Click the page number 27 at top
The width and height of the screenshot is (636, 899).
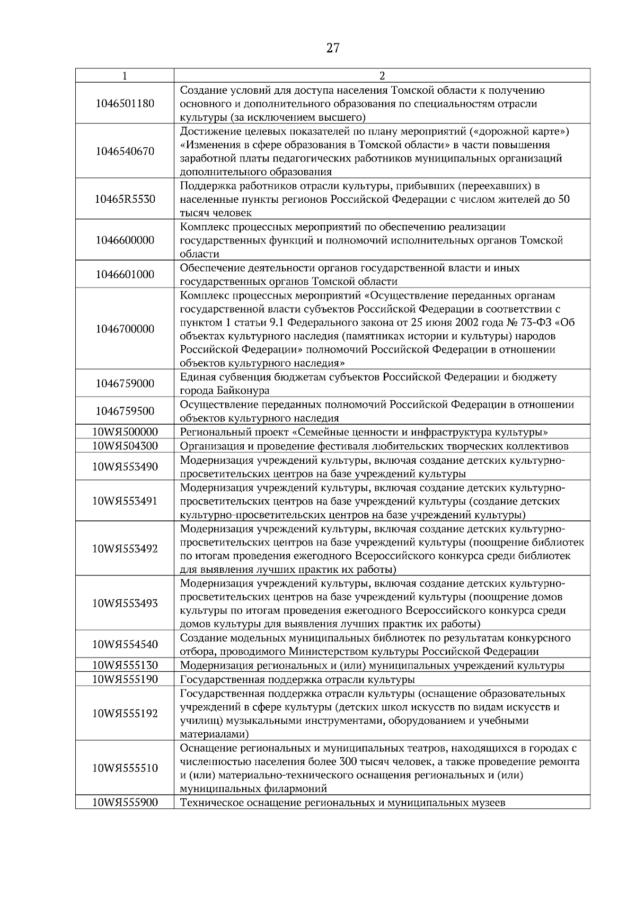click(332, 49)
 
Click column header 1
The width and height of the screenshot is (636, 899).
click(125, 76)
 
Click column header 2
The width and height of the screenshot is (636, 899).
click(382, 76)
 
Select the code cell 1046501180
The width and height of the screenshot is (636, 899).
click(125, 103)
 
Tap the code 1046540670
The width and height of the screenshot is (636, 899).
click(125, 151)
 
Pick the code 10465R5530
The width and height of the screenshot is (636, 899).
click(125, 199)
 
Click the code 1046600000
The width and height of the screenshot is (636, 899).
click(125, 240)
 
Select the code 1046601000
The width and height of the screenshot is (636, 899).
click(125, 274)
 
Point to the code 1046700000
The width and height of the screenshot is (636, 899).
click(125, 329)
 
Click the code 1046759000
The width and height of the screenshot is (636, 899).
click(125, 383)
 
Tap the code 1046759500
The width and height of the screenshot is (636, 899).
click(125, 411)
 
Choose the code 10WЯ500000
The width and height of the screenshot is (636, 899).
click(125, 431)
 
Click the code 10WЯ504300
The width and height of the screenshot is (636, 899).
click(125, 446)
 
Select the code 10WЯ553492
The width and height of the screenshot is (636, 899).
click(125, 549)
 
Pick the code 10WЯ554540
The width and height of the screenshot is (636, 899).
click(125, 644)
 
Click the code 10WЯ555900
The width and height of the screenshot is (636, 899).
click(125, 803)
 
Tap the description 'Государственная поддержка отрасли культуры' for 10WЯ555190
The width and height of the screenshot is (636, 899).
click(297, 679)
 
